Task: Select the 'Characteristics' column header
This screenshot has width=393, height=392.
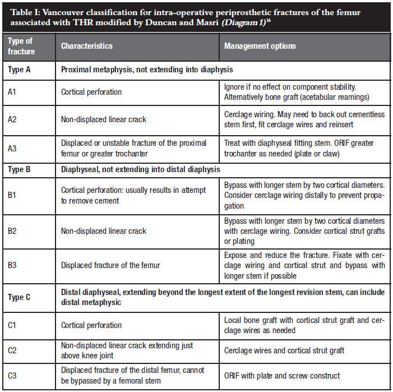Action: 87,46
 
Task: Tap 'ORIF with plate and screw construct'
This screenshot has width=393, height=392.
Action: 282,375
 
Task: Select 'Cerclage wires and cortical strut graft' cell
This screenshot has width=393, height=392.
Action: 284,351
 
